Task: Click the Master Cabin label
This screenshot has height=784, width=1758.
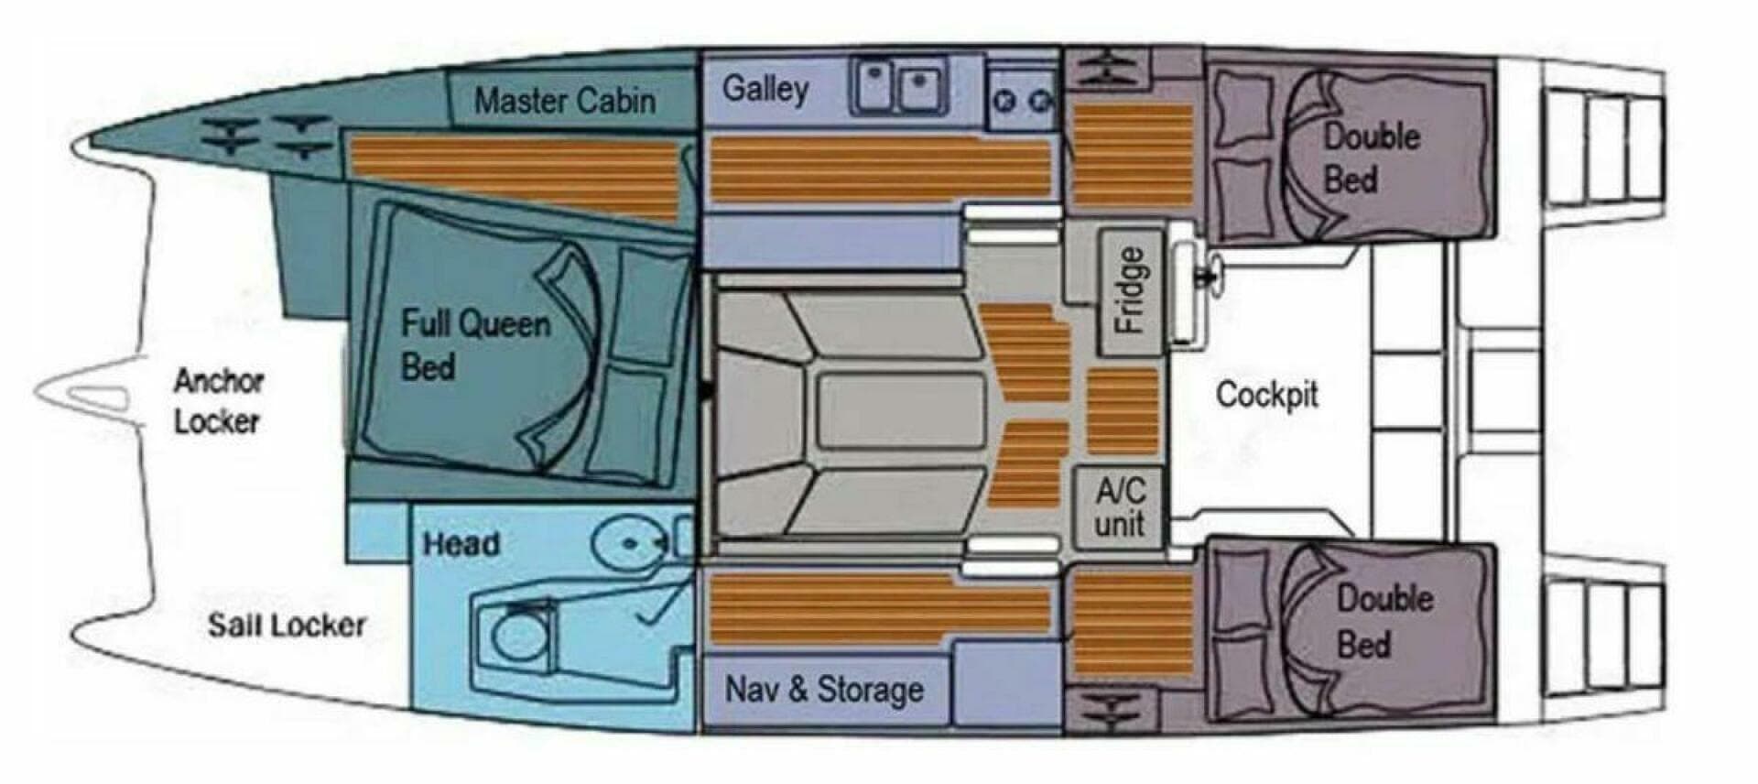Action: (564, 100)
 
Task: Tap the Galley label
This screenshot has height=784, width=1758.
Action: (765, 89)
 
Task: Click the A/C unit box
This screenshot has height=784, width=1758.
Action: (1119, 507)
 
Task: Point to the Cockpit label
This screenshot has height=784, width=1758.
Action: (1266, 395)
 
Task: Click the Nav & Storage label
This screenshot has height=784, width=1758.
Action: (823, 689)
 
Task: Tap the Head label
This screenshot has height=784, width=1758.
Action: (461, 544)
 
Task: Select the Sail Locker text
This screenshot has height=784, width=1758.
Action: (286, 626)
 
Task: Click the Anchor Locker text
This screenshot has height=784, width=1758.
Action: (218, 401)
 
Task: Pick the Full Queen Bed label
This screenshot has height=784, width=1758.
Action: (474, 345)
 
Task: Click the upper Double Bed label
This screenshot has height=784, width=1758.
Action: (1370, 158)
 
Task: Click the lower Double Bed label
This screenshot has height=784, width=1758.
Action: (1383, 621)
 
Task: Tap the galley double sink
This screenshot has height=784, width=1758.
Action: (899, 87)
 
